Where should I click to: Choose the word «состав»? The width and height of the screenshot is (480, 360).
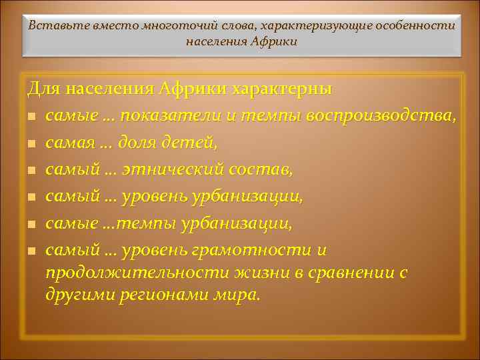coord(262,170)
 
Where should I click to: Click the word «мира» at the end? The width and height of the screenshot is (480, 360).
coord(237,294)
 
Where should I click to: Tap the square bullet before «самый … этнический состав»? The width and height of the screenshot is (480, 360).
coord(31,171)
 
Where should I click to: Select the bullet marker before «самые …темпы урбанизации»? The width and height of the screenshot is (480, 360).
coord(31,224)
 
